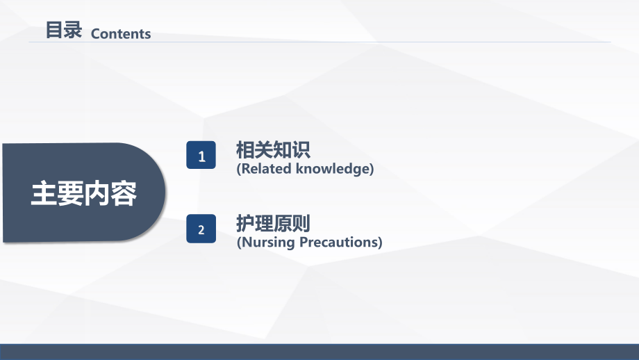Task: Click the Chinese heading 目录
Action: pyautogui.click(x=64, y=31)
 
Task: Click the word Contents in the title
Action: pyautogui.click(x=121, y=34)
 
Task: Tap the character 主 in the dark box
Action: pyautogui.click(x=43, y=195)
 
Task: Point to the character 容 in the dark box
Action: pyautogui.click(x=124, y=195)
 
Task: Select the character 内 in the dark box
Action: pyautogui.click(x=97, y=195)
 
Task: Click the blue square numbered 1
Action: pyautogui.click(x=201, y=156)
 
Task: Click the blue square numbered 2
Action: pyautogui.click(x=201, y=229)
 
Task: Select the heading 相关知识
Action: pyautogui.click(x=272, y=149)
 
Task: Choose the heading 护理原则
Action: pyautogui.click(x=272, y=224)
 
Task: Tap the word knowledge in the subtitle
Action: pyautogui.click(x=335, y=169)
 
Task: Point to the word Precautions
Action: pyautogui.click(x=340, y=243)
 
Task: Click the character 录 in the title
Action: pyautogui.click(x=74, y=31)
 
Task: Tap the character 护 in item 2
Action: pyautogui.click(x=245, y=224)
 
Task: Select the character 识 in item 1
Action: pyautogui.click(x=300, y=149)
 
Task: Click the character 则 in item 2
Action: pyautogui.click(x=300, y=224)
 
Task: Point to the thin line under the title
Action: pyautogui.click(x=319, y=42)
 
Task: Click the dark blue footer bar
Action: pyautogui.click(x=319, y=352)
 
